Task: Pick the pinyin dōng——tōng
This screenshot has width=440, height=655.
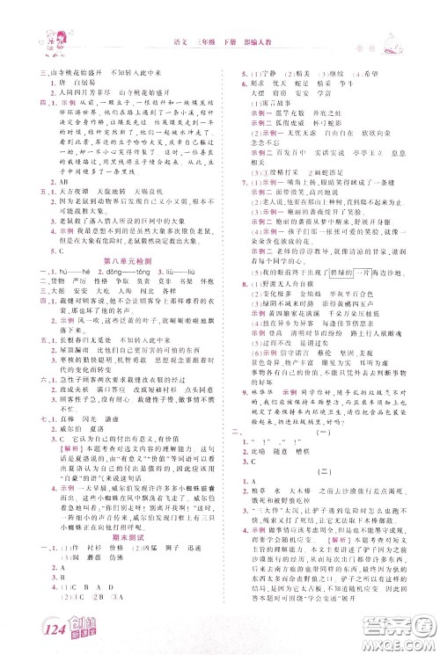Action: (124, 262)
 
